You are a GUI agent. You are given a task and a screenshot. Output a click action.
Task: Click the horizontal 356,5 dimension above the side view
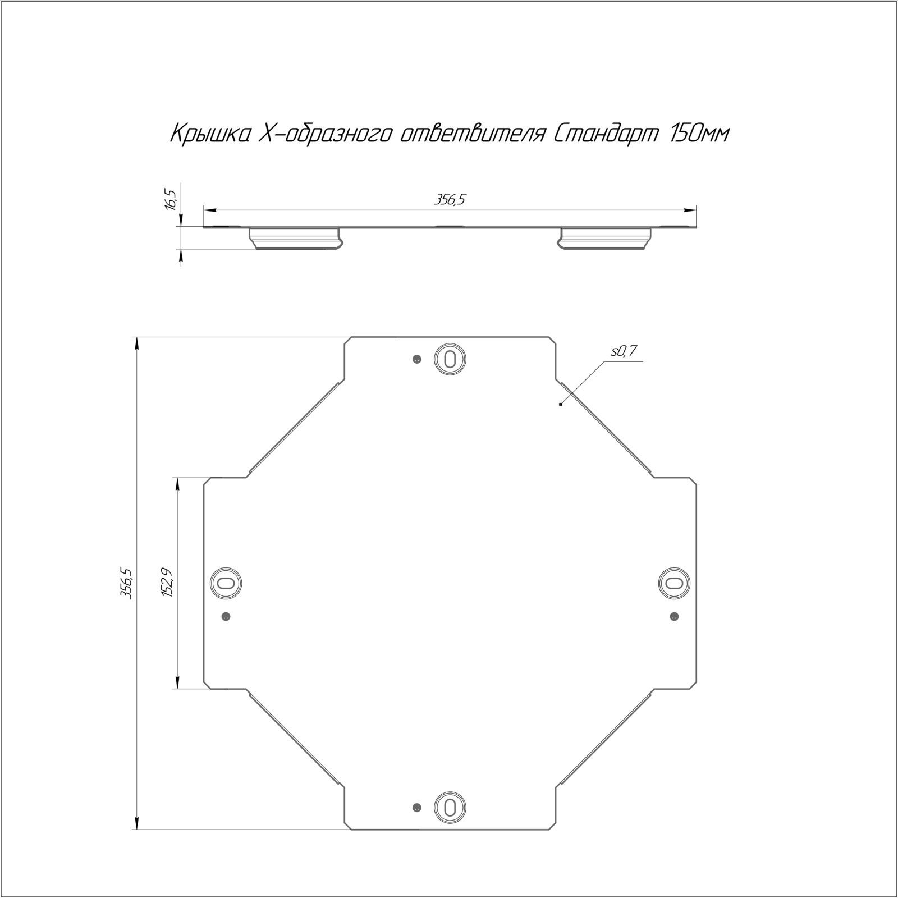tap(450, 200)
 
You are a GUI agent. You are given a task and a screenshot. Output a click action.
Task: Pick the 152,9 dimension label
tap(167, 583)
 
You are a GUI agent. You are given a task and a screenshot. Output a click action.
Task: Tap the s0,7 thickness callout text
tap(624, 351)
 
